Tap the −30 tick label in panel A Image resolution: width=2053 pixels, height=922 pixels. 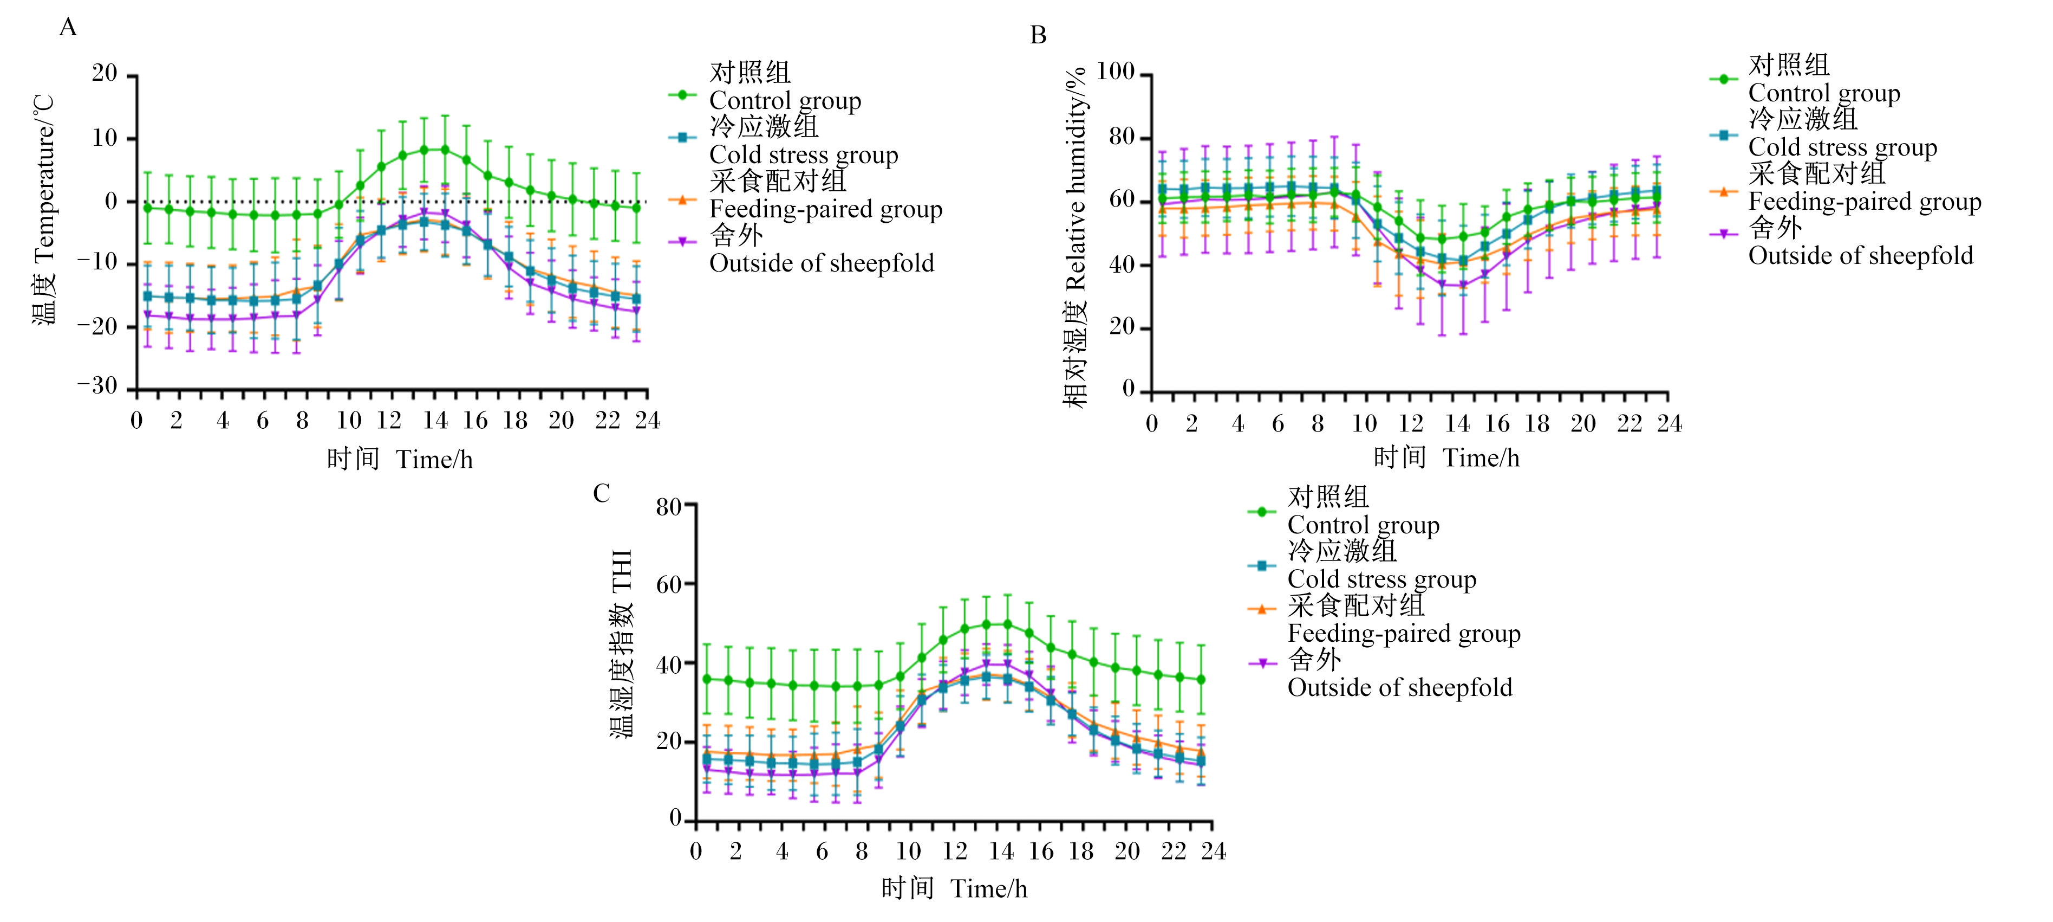click(97, 386)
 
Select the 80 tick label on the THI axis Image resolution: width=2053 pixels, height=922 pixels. click(669, 506)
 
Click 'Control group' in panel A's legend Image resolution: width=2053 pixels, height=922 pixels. click(785, 101)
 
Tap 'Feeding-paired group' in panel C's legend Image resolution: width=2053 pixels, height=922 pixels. click(1404, 633)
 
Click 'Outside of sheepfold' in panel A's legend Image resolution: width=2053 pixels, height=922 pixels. click(822, 263)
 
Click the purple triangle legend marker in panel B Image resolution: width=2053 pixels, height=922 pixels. click(1724, 234)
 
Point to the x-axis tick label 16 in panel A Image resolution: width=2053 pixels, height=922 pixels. click(475, 420)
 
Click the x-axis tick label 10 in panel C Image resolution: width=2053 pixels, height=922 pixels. click(909, 851)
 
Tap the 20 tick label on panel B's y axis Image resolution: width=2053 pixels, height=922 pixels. click(1122, 327)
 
